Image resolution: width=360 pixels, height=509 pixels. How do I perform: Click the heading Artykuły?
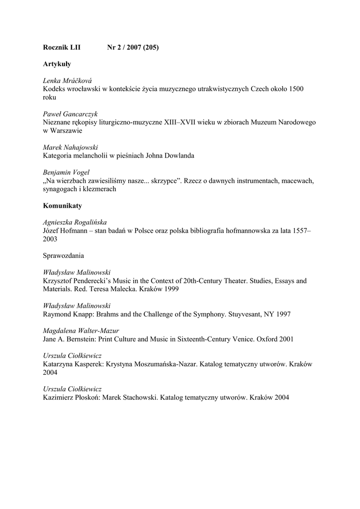57,64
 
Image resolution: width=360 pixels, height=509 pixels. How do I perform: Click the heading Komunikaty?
62,205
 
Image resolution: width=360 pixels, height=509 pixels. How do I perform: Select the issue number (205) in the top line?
151,47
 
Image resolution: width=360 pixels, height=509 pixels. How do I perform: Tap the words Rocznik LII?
61,47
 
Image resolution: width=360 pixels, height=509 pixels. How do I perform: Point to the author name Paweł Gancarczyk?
70,114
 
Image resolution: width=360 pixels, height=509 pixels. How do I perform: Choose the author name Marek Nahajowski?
71,148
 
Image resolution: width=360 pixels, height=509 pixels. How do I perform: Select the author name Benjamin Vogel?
66,172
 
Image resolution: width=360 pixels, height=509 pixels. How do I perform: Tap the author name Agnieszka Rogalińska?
75,222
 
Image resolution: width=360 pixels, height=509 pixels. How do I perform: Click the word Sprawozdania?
64,255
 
